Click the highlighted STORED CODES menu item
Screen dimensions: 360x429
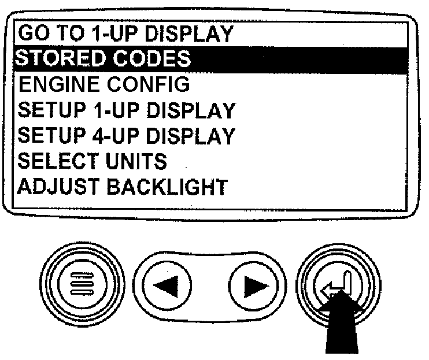click(104, 59)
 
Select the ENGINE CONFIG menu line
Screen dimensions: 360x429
click(104, 84)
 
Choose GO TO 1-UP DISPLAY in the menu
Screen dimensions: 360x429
click(126, 34)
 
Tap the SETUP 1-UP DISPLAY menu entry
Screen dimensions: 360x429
click(127, 110)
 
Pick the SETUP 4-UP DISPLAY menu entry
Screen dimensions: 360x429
click(127, 136)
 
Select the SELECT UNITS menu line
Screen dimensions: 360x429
click(93, 161)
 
